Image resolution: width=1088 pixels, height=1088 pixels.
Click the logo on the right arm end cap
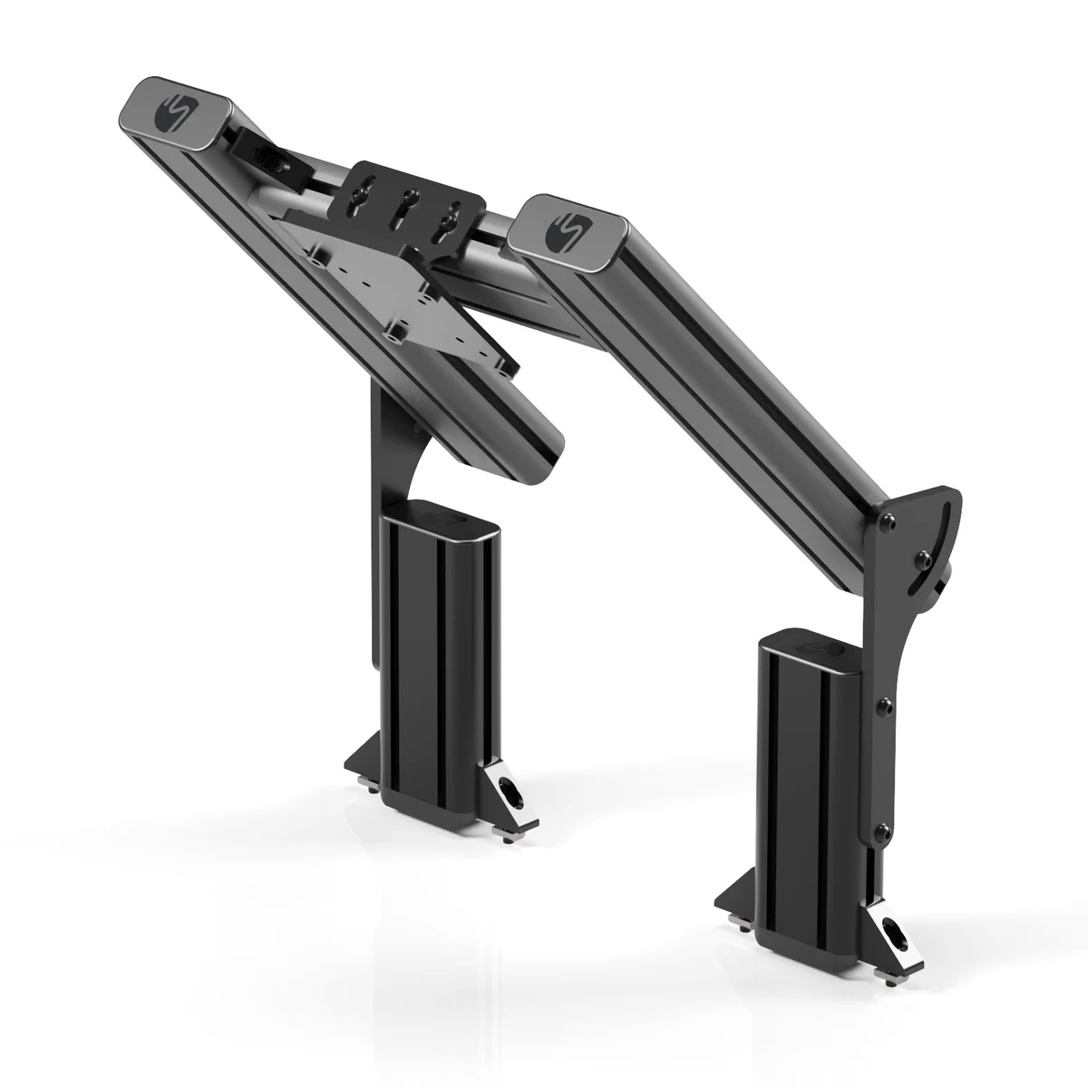565,230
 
